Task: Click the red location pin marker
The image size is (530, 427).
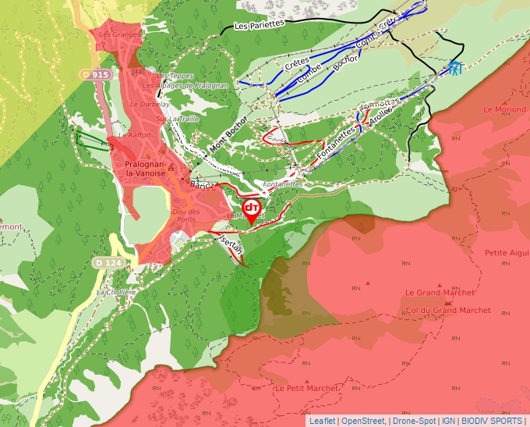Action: tap(252, 209)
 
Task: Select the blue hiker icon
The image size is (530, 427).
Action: tap(454, 69)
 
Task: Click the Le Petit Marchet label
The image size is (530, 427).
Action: tap(306, 388)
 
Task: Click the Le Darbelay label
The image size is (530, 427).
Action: tap(150, 104)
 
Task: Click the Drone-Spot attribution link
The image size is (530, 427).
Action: tap(414, 421)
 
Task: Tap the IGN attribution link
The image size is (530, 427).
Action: tap(450, 421)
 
